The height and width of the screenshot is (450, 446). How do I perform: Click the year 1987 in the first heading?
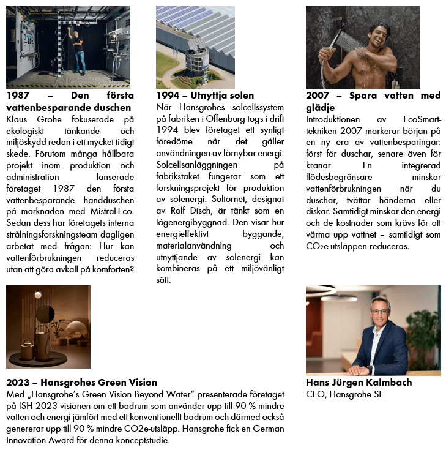tap(18, 96)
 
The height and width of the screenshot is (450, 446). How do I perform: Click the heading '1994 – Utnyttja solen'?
tap(204, 96)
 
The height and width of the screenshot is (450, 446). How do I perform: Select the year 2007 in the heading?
tap(318, 96)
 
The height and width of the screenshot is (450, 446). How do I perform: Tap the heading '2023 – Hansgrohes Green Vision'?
tap(81, 383)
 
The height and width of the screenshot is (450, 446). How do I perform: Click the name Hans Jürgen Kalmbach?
tap(359, 383)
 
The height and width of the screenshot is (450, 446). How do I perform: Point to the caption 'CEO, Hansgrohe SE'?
tap(344, 394)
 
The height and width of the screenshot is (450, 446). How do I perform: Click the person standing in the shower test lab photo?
tap(78, 51)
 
